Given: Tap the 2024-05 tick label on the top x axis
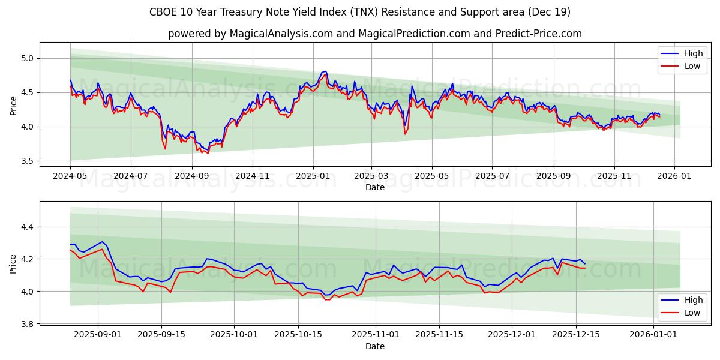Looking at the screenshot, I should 70,176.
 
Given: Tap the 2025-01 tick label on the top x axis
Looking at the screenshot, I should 313,176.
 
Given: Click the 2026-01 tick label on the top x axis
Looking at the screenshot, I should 674,176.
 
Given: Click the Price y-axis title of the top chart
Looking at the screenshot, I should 13,106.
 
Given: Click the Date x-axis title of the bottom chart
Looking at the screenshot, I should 374,346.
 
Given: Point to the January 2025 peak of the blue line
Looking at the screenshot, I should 325,71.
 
